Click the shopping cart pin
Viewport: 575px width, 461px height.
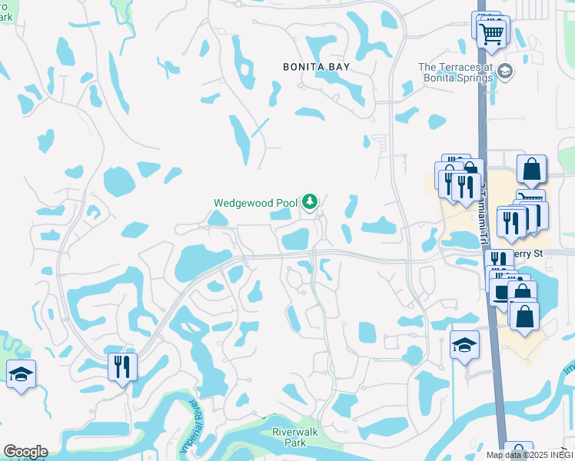490,33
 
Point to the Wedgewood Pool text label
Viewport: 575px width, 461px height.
255,203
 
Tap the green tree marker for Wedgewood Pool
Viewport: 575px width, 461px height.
309,202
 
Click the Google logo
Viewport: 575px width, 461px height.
25,452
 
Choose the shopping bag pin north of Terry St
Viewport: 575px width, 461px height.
531,169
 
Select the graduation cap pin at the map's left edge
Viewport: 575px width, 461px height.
21,374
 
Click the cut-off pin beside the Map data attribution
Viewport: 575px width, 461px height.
519,451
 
